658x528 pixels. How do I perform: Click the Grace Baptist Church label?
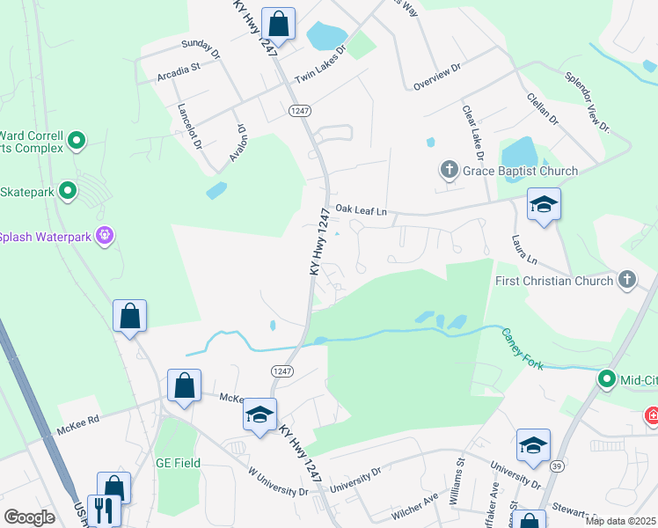(x=521, y=171)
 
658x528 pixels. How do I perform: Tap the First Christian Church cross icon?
(x=626, y=280)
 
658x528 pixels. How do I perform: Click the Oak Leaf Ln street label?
(x=361, y=211)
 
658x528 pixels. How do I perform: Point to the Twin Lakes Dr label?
(x=321, y=64)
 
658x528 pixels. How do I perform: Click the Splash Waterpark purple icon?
(x=106, y=236)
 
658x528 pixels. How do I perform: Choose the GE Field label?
(x=178, y=463)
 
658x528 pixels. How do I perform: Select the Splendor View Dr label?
(x=587, y=102)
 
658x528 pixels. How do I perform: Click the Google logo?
(x=30, y=517)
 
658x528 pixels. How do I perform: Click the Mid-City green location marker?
(x=606, y=379)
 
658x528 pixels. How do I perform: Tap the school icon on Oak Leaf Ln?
(x=544, y=205)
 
